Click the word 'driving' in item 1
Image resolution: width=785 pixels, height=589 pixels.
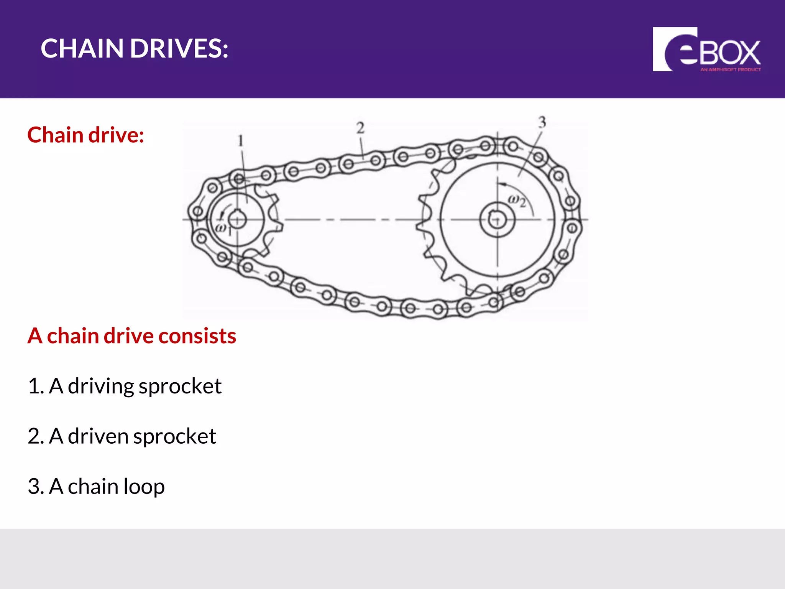pos(100,386)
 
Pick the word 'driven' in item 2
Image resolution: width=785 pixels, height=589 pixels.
pos(98,436)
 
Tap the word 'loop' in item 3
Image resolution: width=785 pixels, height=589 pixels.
pos(144,487)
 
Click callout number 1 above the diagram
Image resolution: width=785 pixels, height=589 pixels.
pos(241,141)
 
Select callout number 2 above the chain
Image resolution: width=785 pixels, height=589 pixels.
pos(360,128)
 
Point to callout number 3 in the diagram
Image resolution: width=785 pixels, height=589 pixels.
pos(542,122)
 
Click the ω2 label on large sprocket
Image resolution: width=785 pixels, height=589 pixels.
pos(517,200)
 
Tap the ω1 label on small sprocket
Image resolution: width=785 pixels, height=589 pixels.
pos(223,229)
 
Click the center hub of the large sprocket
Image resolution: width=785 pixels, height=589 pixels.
pos(497,219)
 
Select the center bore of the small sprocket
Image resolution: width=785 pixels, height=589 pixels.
pos(237,219)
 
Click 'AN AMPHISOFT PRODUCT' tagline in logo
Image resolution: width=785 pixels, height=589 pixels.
pos(730,70)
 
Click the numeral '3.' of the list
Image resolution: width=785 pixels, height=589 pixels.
pos(36,487)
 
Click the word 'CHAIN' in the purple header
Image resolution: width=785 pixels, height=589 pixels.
pos(82,49)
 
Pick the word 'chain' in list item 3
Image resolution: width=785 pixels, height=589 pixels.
pos(93,487)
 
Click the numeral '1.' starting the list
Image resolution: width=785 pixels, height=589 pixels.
pos(36,386)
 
